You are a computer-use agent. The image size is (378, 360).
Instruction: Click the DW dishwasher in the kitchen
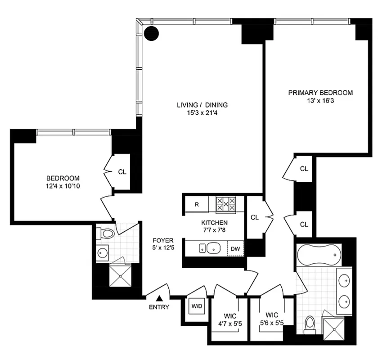(235, 248)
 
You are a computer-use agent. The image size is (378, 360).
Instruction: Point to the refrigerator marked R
(197, 204)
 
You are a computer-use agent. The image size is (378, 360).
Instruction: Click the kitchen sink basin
(212, 248)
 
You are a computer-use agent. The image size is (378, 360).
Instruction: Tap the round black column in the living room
(152, 32)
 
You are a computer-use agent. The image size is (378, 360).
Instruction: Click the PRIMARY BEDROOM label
(320, 93)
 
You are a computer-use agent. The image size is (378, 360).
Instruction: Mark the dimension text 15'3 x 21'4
(202, 113)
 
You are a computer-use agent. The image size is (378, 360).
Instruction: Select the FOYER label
(160, 240)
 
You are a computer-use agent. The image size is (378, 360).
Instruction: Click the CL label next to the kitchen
(255, 217)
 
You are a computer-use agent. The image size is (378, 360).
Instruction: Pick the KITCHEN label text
(214, 223)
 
